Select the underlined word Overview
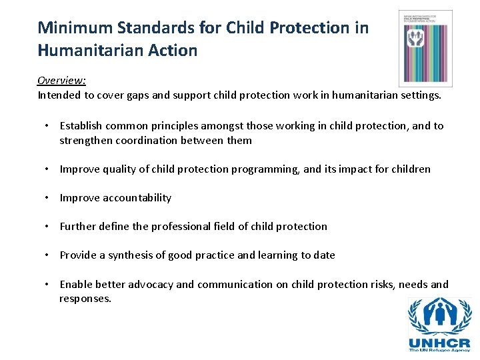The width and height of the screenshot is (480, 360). (x=61, y=80)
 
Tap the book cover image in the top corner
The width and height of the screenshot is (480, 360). (x=425, y=48)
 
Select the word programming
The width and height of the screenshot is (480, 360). (x=265, y=169)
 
